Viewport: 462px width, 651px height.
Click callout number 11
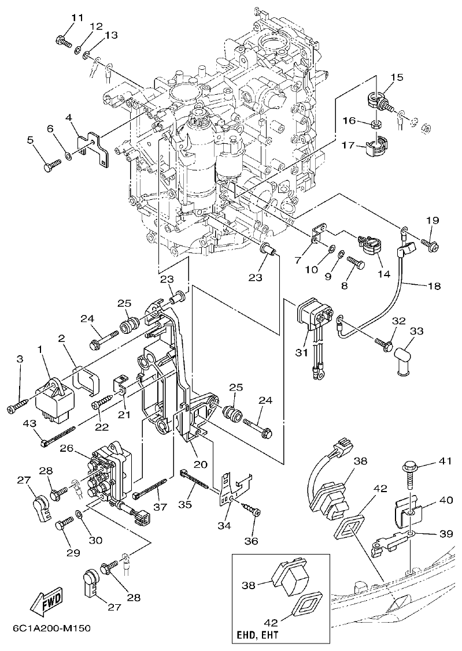(77, 18)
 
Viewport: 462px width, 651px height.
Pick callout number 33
(417, 331)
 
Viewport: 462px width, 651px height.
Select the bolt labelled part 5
(50, 165)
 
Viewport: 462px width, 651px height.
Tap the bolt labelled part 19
(431, 245)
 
